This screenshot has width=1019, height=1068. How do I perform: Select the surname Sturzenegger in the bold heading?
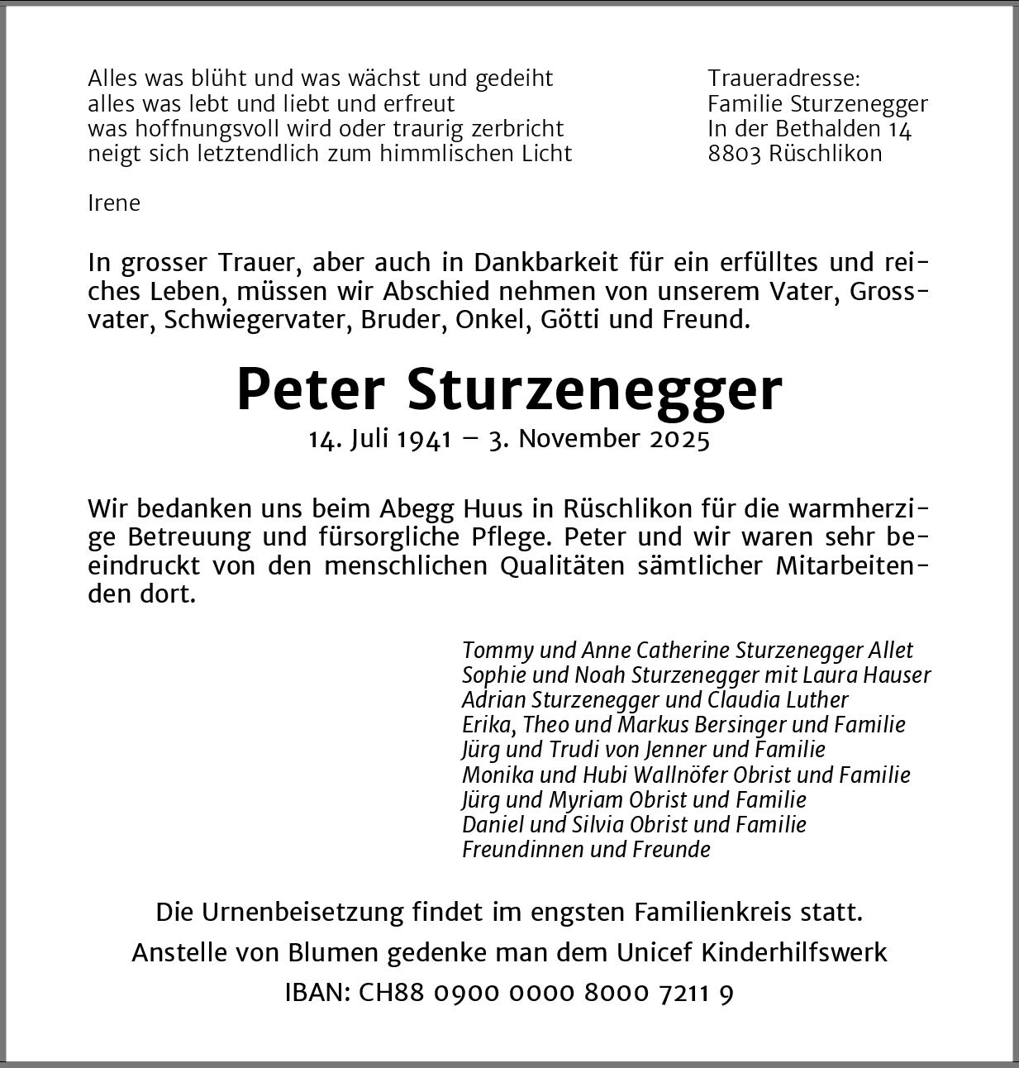coord(594,389)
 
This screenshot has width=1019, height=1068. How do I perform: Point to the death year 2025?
coord(680,439)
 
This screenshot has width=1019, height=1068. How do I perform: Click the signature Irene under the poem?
coord(114,203)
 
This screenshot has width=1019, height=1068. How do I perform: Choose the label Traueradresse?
coord(783,79)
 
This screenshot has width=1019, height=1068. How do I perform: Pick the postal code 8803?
coord(735,154)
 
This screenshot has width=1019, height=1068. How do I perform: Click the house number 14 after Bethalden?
coord(899,129)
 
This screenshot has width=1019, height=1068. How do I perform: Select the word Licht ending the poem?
coord(545,154)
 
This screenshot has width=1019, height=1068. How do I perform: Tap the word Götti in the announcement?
coord(570,320)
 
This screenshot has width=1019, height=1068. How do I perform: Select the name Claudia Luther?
coord(778,700)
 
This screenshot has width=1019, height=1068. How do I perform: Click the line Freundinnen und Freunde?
coord(586,850)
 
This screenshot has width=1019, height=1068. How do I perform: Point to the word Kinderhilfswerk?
coord(793,952)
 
